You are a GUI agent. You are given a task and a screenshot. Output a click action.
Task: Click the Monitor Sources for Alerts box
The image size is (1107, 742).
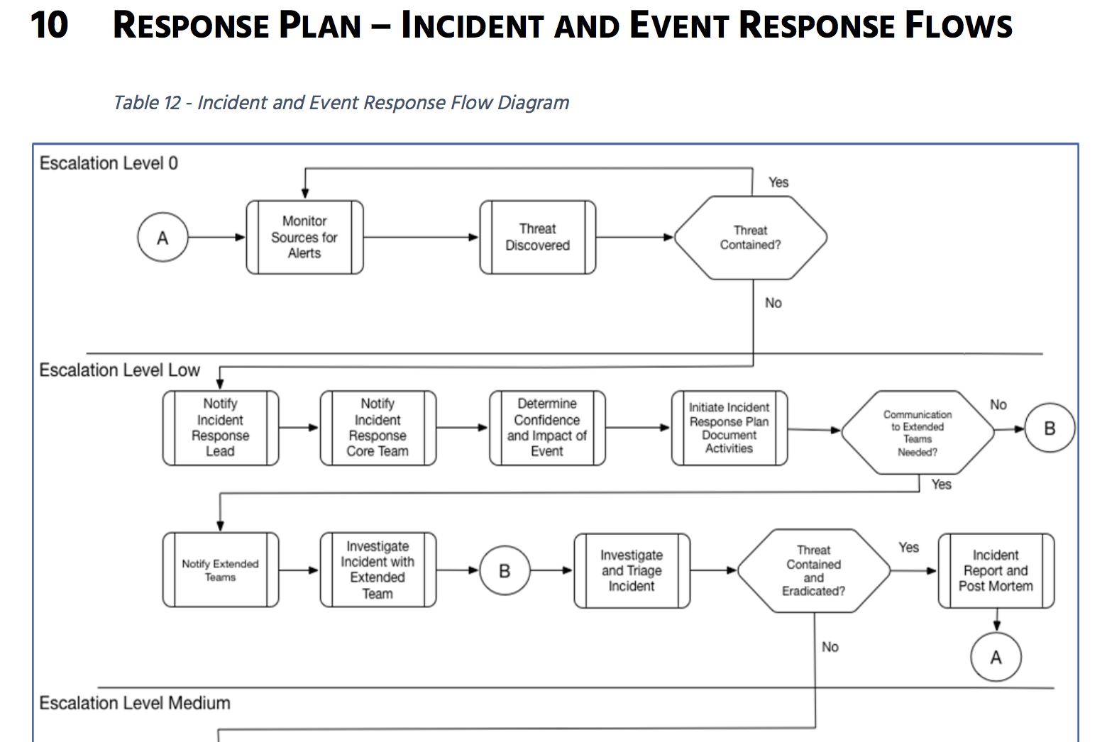pyautogui.click(x=304, y=237)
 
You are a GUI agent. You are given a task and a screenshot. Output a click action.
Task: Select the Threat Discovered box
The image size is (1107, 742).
pyautogui.click(x=537, y=237)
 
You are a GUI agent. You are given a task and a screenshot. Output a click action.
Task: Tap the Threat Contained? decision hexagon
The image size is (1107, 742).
pyautogui.click(x=750, y=238)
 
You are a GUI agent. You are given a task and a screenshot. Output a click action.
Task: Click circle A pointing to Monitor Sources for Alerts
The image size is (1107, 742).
pyautogui.click(x=163, y=238)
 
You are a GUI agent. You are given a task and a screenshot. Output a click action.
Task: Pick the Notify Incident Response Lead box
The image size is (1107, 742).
pyautogui.click(x=220, y=428)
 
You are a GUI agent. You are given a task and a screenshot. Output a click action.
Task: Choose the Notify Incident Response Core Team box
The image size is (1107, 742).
pyautogui.click(x=378, y=428)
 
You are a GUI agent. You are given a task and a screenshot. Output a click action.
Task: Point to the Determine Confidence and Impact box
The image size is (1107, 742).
pyautogui.click(x=547, y=428)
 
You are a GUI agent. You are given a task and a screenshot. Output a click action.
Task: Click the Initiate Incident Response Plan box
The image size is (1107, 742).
pyautogui.click(x=729, y=428)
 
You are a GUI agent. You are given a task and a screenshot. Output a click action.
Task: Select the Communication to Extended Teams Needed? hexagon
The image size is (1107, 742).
pyautogui.click(x=918, y=433)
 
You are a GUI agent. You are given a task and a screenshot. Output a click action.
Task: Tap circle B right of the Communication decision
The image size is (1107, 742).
pyautogui.click(x=1050, y=428)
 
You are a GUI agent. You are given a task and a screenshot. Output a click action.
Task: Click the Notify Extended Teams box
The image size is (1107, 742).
pyautogui.click(x=220, y=570)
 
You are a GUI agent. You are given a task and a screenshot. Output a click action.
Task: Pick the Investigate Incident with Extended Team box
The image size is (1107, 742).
pyautogui.click(x=378, y=570)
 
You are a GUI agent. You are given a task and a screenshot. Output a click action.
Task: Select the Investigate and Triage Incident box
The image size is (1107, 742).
pyautogui.click(x=632, y=570)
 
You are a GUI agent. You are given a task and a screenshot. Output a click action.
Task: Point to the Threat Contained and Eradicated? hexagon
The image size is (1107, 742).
pyautogui.click(x=813, y=570)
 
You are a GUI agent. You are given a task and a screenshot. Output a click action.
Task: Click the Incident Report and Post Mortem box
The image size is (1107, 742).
pyautogui.click(x=996, y=570)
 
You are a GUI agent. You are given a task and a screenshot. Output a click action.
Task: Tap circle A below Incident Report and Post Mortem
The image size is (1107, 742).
pyautogui.click(x=996, y=658)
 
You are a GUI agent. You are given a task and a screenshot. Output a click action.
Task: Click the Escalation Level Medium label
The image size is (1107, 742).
pyautogui.click(x=135, y=703)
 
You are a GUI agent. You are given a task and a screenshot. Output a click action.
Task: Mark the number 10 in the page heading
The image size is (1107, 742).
pyautogui.click(x=49, y=26)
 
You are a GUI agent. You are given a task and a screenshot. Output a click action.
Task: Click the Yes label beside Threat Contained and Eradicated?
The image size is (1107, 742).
pyautogui.click(x=908, y=548)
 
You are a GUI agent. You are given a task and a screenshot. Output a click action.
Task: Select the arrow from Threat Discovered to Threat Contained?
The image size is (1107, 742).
pyautogui.click(x=634, y=238)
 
